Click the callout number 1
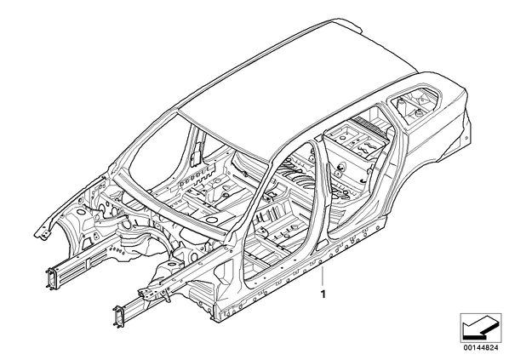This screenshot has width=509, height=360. click(x=323, y=294)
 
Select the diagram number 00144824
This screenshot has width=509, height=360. click(x=480, y=347)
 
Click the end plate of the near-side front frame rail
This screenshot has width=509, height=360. click(x=119, y=317)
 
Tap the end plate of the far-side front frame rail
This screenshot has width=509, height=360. click(x=51, y=277)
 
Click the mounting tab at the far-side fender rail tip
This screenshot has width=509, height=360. click(x=41, y=234)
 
